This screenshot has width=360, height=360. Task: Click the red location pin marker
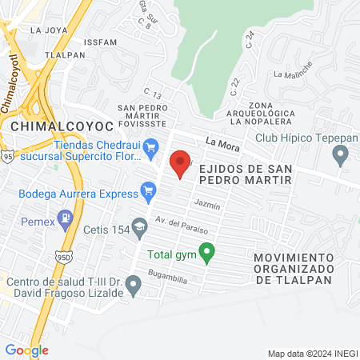pyautogui.click(x=181, y=162)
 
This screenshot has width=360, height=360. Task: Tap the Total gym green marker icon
pyautogui.click(x=207, y=255)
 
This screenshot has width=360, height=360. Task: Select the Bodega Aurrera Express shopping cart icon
pyautogui.click(x=147, y=190)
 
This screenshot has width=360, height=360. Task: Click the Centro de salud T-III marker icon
pyautogui.click(x=134, y=282)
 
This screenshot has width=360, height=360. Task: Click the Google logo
pyautogui.click(x=26, y=350)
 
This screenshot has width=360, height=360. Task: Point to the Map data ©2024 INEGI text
pyautogui.click(x=311, y=353)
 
